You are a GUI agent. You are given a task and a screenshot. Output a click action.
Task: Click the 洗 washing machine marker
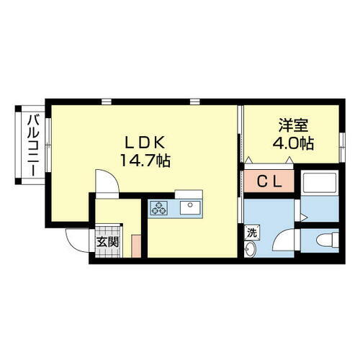point(251,232)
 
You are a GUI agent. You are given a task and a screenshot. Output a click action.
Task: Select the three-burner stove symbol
point(158,209)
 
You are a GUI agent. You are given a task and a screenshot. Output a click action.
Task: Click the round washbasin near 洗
point(250,249)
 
